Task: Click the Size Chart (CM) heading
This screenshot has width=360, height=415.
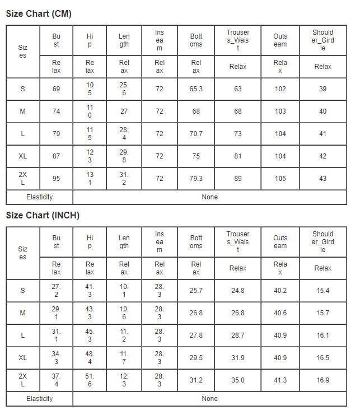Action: [x=39, y=14]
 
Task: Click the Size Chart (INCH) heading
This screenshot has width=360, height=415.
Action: [x=43, y=216]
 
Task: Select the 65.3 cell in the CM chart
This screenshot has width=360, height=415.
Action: [x=196, y=89]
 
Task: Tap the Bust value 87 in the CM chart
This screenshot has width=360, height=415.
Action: [x=56, y=156]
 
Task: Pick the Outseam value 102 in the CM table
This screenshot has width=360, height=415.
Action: [x=280, y=89]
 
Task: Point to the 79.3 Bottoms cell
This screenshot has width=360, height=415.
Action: [x=196, y=179]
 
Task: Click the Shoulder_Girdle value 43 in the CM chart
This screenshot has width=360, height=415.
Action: [x=322, y=179]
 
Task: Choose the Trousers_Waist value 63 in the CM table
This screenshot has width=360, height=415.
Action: [x=238, y=89]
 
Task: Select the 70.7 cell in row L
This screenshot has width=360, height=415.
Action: [x=196, y=134]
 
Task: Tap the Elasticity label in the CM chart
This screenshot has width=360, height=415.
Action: [x=39, y=197]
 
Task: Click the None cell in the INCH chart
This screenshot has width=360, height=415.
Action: [x=209, y=399]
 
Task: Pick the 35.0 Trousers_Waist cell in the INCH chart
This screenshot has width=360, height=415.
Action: [x=238, y=380]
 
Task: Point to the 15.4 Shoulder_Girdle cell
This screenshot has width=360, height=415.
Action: [x=322, y=291]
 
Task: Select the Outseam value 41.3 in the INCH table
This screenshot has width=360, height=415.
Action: [x=280, y=380]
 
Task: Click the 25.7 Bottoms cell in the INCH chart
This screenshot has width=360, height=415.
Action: [x=196, y=291]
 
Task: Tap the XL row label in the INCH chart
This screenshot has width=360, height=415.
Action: [x=22, y=358]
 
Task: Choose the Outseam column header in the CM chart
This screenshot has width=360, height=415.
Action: [x=280, y=40]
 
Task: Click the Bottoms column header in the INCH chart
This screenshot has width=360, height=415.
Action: [x=196, y=242]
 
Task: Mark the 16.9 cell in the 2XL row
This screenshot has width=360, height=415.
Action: [x=322, y=380]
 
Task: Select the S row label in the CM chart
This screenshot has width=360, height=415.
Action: [x=22, y=89]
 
